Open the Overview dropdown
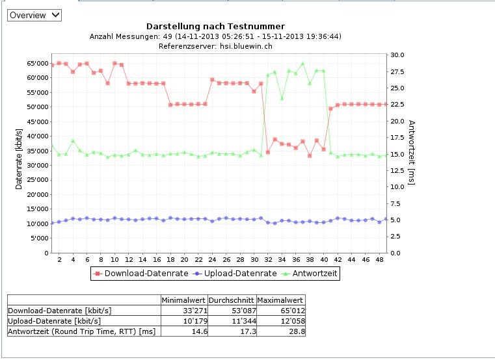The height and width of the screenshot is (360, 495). click(34, 14)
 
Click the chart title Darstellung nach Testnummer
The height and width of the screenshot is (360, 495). click(215, 27)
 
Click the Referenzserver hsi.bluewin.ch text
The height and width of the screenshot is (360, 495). click(215, 46)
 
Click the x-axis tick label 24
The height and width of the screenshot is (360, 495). click(198, 259)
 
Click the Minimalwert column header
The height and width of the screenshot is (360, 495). click(184, 300)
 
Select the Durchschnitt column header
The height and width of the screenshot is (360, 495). click(232, 300)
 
